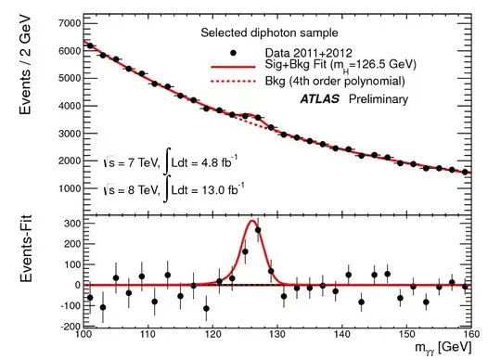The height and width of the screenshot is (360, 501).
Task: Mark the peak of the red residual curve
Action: [x=251, y=221]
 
